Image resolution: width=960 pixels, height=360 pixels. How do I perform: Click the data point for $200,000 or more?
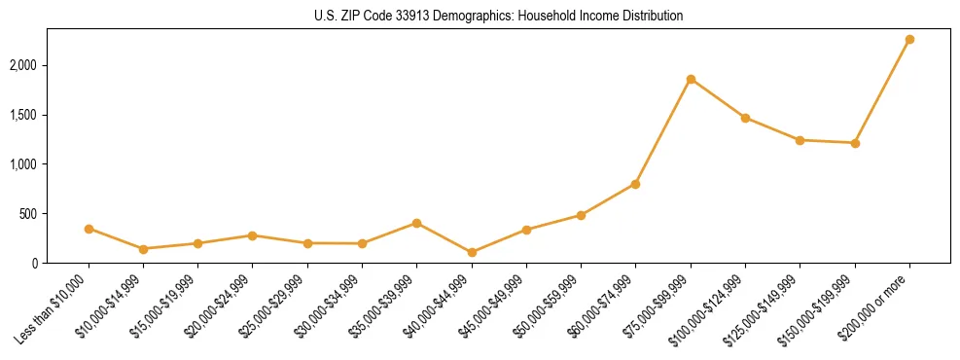point(909,39)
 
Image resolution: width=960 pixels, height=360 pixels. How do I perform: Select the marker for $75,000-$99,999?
point(691,79)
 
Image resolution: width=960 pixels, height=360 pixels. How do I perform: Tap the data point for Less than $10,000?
point(89,229)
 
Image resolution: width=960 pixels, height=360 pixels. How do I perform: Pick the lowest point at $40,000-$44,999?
point(472,252)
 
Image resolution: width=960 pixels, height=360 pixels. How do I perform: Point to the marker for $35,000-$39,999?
point(417,223)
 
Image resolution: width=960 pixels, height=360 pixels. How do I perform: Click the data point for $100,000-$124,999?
point(745,118)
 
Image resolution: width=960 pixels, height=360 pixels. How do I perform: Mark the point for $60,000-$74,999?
point(635,184)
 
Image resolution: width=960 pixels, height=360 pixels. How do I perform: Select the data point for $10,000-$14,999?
point(143,249)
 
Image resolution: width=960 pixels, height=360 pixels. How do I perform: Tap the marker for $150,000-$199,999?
point(855,143)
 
